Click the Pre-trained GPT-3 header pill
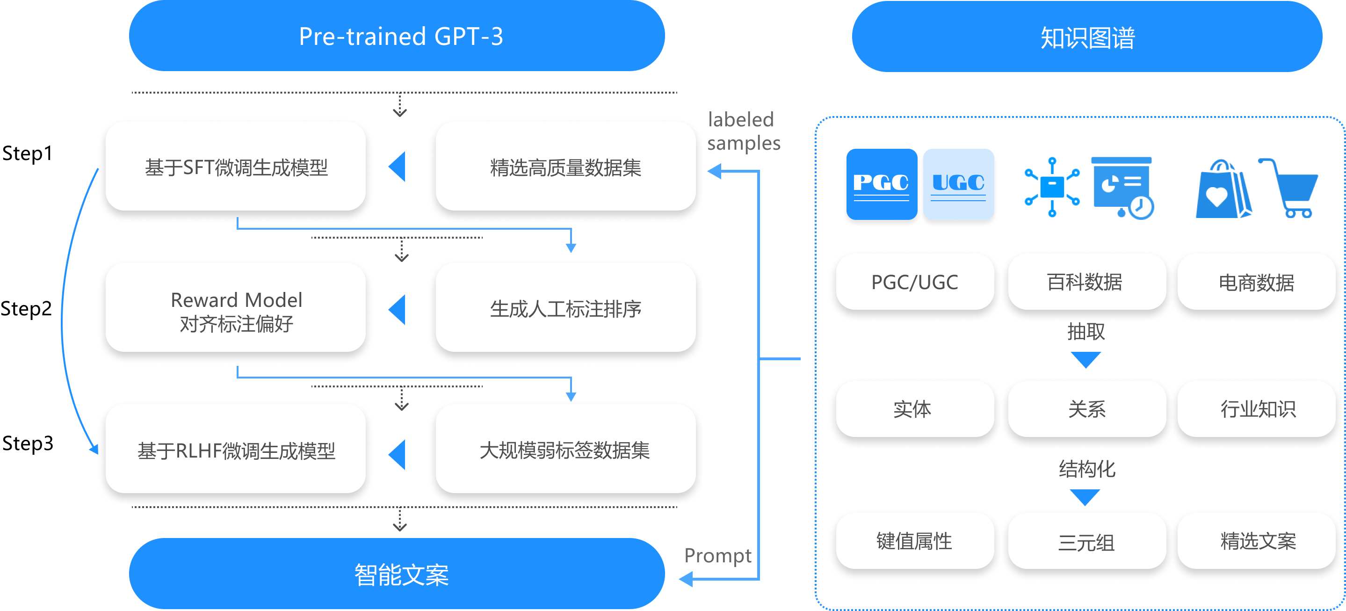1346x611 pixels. pos(397,36)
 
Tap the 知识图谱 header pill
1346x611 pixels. pos(1087,37)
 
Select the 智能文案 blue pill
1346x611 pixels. pos(397,574)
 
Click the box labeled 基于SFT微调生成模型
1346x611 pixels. pos(236,167)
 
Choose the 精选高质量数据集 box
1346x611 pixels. pos(565,167)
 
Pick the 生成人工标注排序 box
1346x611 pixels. pos(565,308)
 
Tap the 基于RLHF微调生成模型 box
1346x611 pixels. pos(236,450)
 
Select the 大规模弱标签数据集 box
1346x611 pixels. pos(565,450)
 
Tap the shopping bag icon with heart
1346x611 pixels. pos(1223,189)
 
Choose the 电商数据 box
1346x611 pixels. pos(1256,282)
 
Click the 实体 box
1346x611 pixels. pos(913,409)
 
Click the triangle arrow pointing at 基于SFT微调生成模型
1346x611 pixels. pos(398,167)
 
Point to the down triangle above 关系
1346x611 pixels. pos(1086,360)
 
